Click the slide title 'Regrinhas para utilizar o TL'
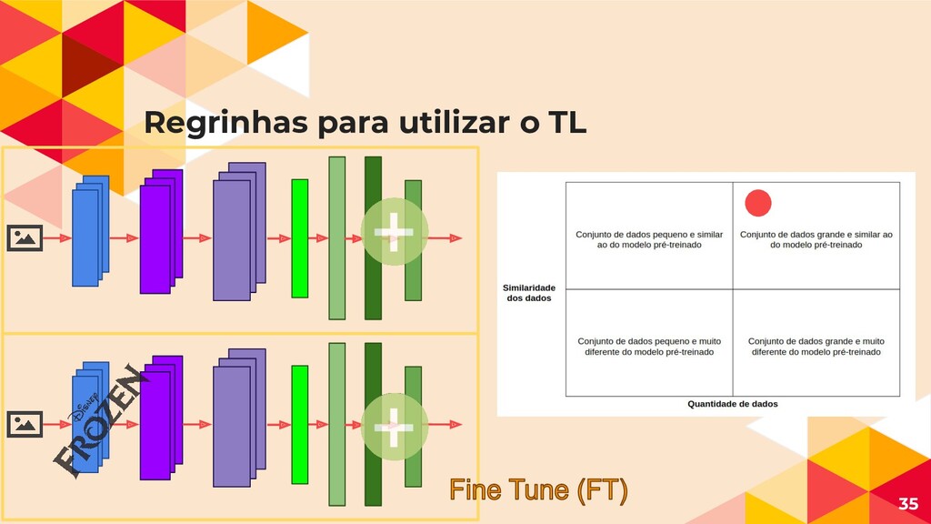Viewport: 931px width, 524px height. pyautogui.click(x=365, y=124)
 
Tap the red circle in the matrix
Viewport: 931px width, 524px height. pyautogui.click(x=757, y=203)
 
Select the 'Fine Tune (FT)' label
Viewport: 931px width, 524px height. pyautogui.click(x=538, y=492)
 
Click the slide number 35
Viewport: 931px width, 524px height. pyautogui.click(x=907, y=504)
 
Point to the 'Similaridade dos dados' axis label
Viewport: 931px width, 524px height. pyautogui.click(x=529, y=293)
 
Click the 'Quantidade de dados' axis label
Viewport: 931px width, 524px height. pyautogui.click(x=732, y=404)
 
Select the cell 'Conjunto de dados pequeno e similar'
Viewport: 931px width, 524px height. pyautogui.click(x=649, y=239)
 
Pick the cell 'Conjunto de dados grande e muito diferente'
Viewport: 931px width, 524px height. pyautogui.click(x=816, y=347)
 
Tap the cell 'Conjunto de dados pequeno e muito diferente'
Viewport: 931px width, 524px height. pyautogui.click(x=649, y=347)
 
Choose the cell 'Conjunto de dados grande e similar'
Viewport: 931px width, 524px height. pyautogui.click(x=816, y=239)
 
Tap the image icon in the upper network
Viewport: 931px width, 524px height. pyautogui.click(x=25, y=238)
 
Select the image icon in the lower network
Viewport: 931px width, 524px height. pyautogui.click(x=25, y=424)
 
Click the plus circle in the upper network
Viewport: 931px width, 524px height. pyautogui.click(x=394, y=232)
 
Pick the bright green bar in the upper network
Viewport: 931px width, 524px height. pyautogui.click(x=300, y=238)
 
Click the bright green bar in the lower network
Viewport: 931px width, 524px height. pyautogui.click(x=300, y=424)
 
